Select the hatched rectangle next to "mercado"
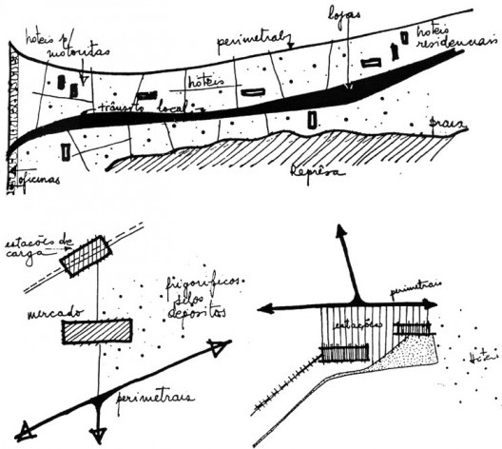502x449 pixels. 94,332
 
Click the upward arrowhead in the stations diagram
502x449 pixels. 340,231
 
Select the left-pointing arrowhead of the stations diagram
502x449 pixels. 266,308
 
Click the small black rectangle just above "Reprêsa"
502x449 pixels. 314,121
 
